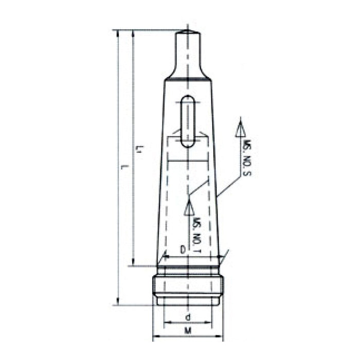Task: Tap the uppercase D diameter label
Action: click(x=182, y=249)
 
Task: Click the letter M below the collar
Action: click(x=188, y=332)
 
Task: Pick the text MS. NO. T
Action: click(x=196, y=236)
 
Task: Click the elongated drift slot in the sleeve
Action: click(x=189, y=122)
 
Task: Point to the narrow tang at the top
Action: click(x=188, y=51)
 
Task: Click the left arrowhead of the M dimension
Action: click(x=156, y=337)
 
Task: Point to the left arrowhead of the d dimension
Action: click(x=166, y=323)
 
